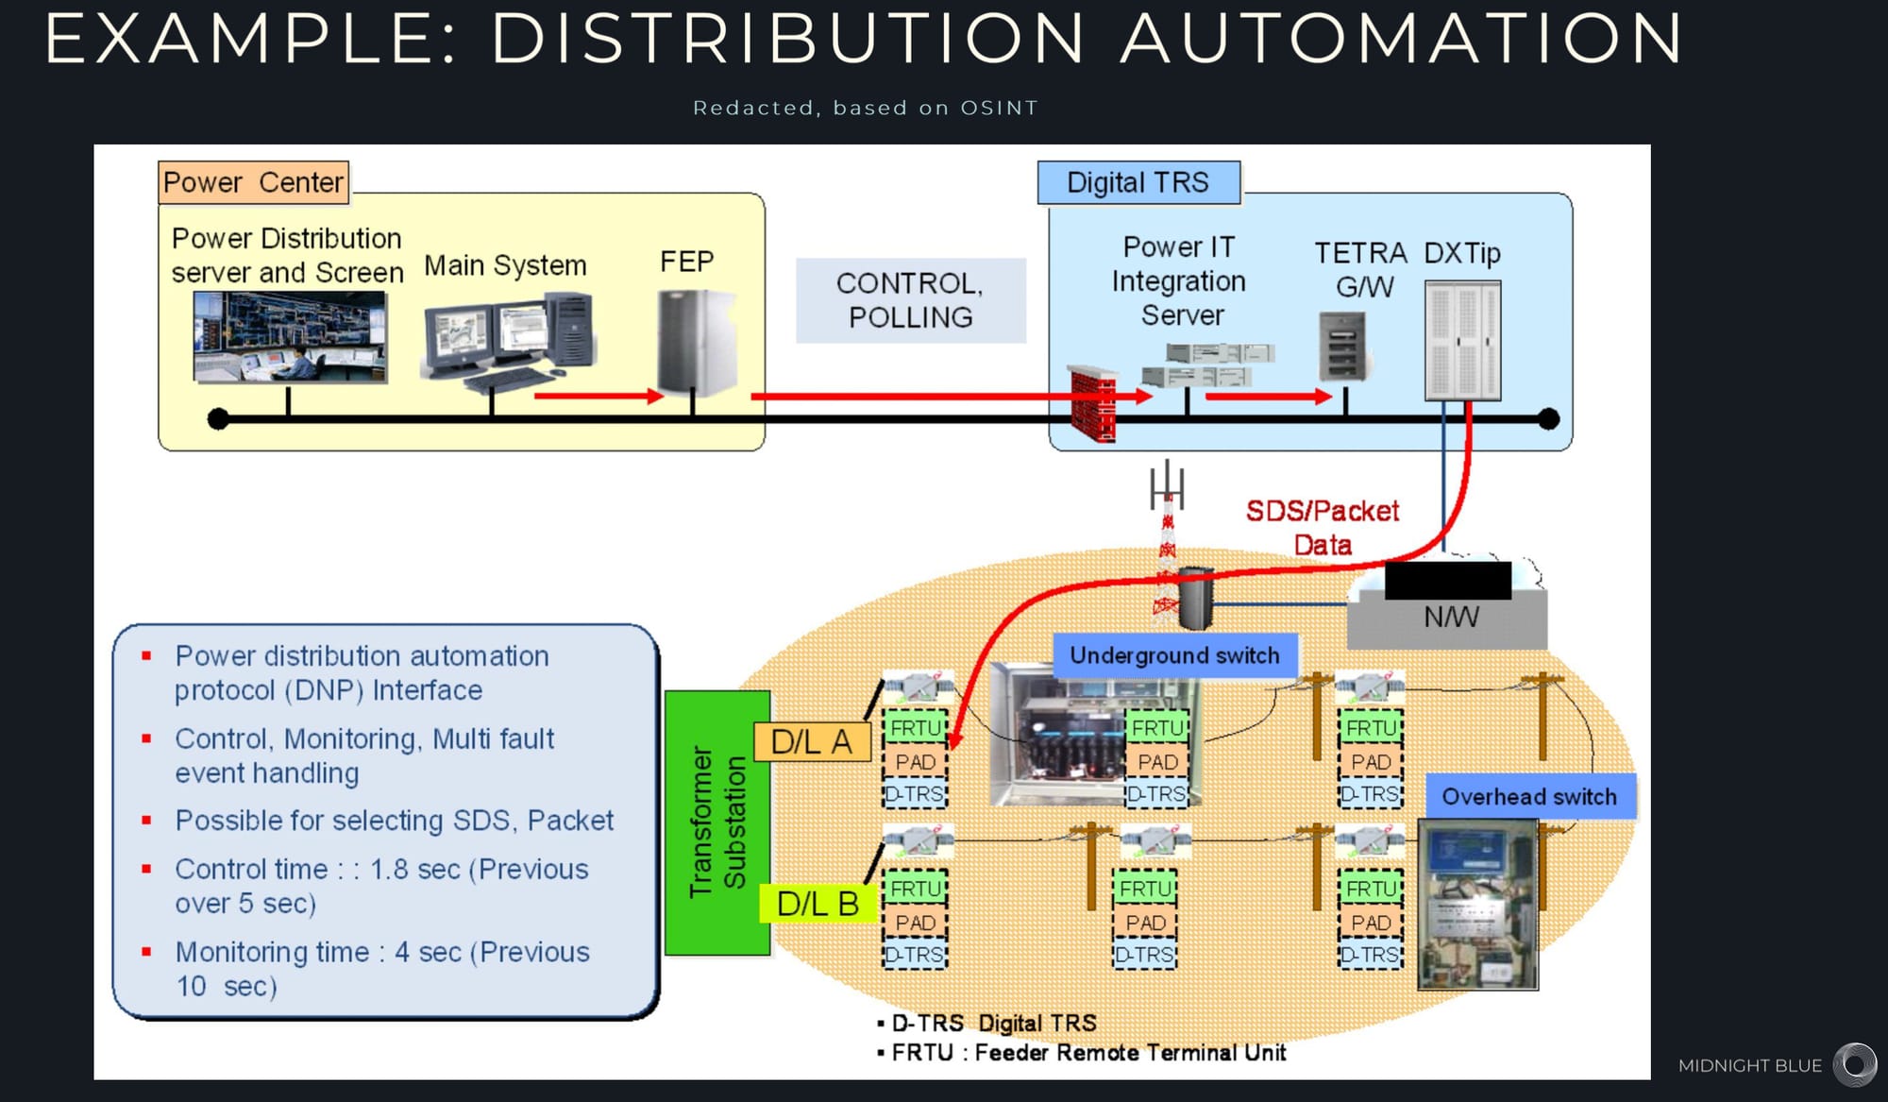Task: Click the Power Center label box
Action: (x=253, y=182)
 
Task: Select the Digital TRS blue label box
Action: (x=1138, y=182)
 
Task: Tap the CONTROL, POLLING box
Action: (x=910, y=300)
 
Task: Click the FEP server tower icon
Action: (x=696, y=341)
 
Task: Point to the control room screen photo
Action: (x=290, y=336)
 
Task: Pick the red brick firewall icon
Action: (x=1093, y=403)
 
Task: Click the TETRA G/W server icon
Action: (x=1341, y=347)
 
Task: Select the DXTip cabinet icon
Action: (x=1462, y=341)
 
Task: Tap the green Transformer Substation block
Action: (x=717, y=822)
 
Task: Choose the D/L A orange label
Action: (x=811, y=742)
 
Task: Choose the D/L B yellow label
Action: (x=817, y=904)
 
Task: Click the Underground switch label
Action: (x=1174, y=655)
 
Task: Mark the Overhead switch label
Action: (x=1528, y=797)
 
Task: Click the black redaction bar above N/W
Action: (x=1447, y=580)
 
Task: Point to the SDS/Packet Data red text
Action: (x=1322, y=527)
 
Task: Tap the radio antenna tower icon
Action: (x=1168, y=538)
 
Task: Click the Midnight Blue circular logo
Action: (x=1855, y=1065)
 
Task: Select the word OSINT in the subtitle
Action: (x=999, y=109)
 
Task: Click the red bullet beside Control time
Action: (x=146, y=869)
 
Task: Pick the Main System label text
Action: (x=505, y=265)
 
